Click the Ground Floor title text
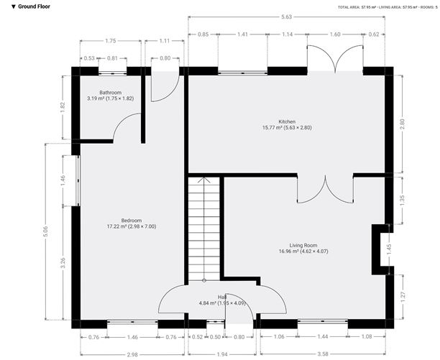click(30, 6)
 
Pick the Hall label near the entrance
click(222, 297)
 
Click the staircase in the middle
click(203, 230)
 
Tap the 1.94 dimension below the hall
click(222, 354)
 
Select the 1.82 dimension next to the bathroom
click(63, 106)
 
